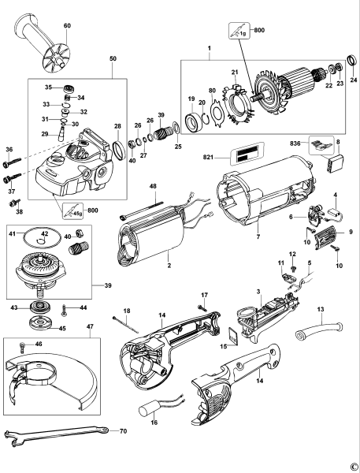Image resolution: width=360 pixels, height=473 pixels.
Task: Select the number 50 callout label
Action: (x=112, y=60)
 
